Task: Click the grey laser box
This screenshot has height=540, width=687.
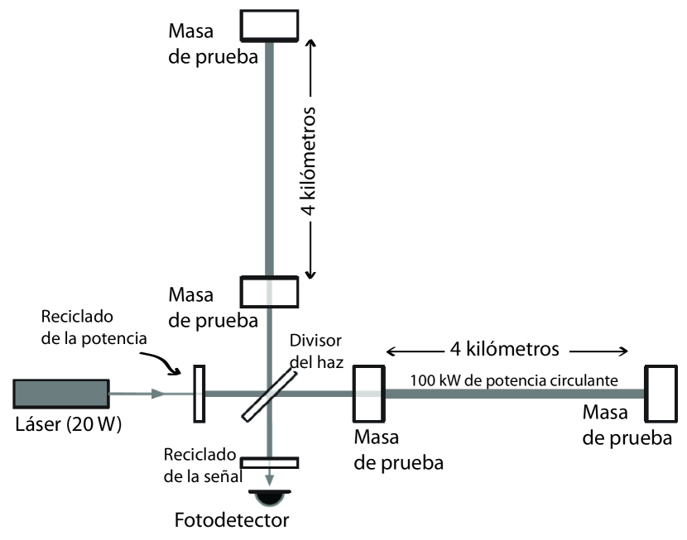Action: click(x=61, y=393)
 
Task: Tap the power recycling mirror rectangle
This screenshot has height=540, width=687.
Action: click(x=199, y=393)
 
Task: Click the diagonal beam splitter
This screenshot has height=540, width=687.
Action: click(x=269, y=393)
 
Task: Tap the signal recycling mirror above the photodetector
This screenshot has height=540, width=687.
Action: click(x=269, y=463)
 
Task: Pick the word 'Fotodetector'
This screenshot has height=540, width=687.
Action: click(x=233, y=522)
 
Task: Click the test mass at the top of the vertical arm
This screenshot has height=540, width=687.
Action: click(x=269, y=25)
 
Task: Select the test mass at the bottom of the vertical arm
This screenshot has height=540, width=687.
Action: click(x=269, y=291)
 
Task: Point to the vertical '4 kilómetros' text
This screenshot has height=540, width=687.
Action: click(x=307, y=162)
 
